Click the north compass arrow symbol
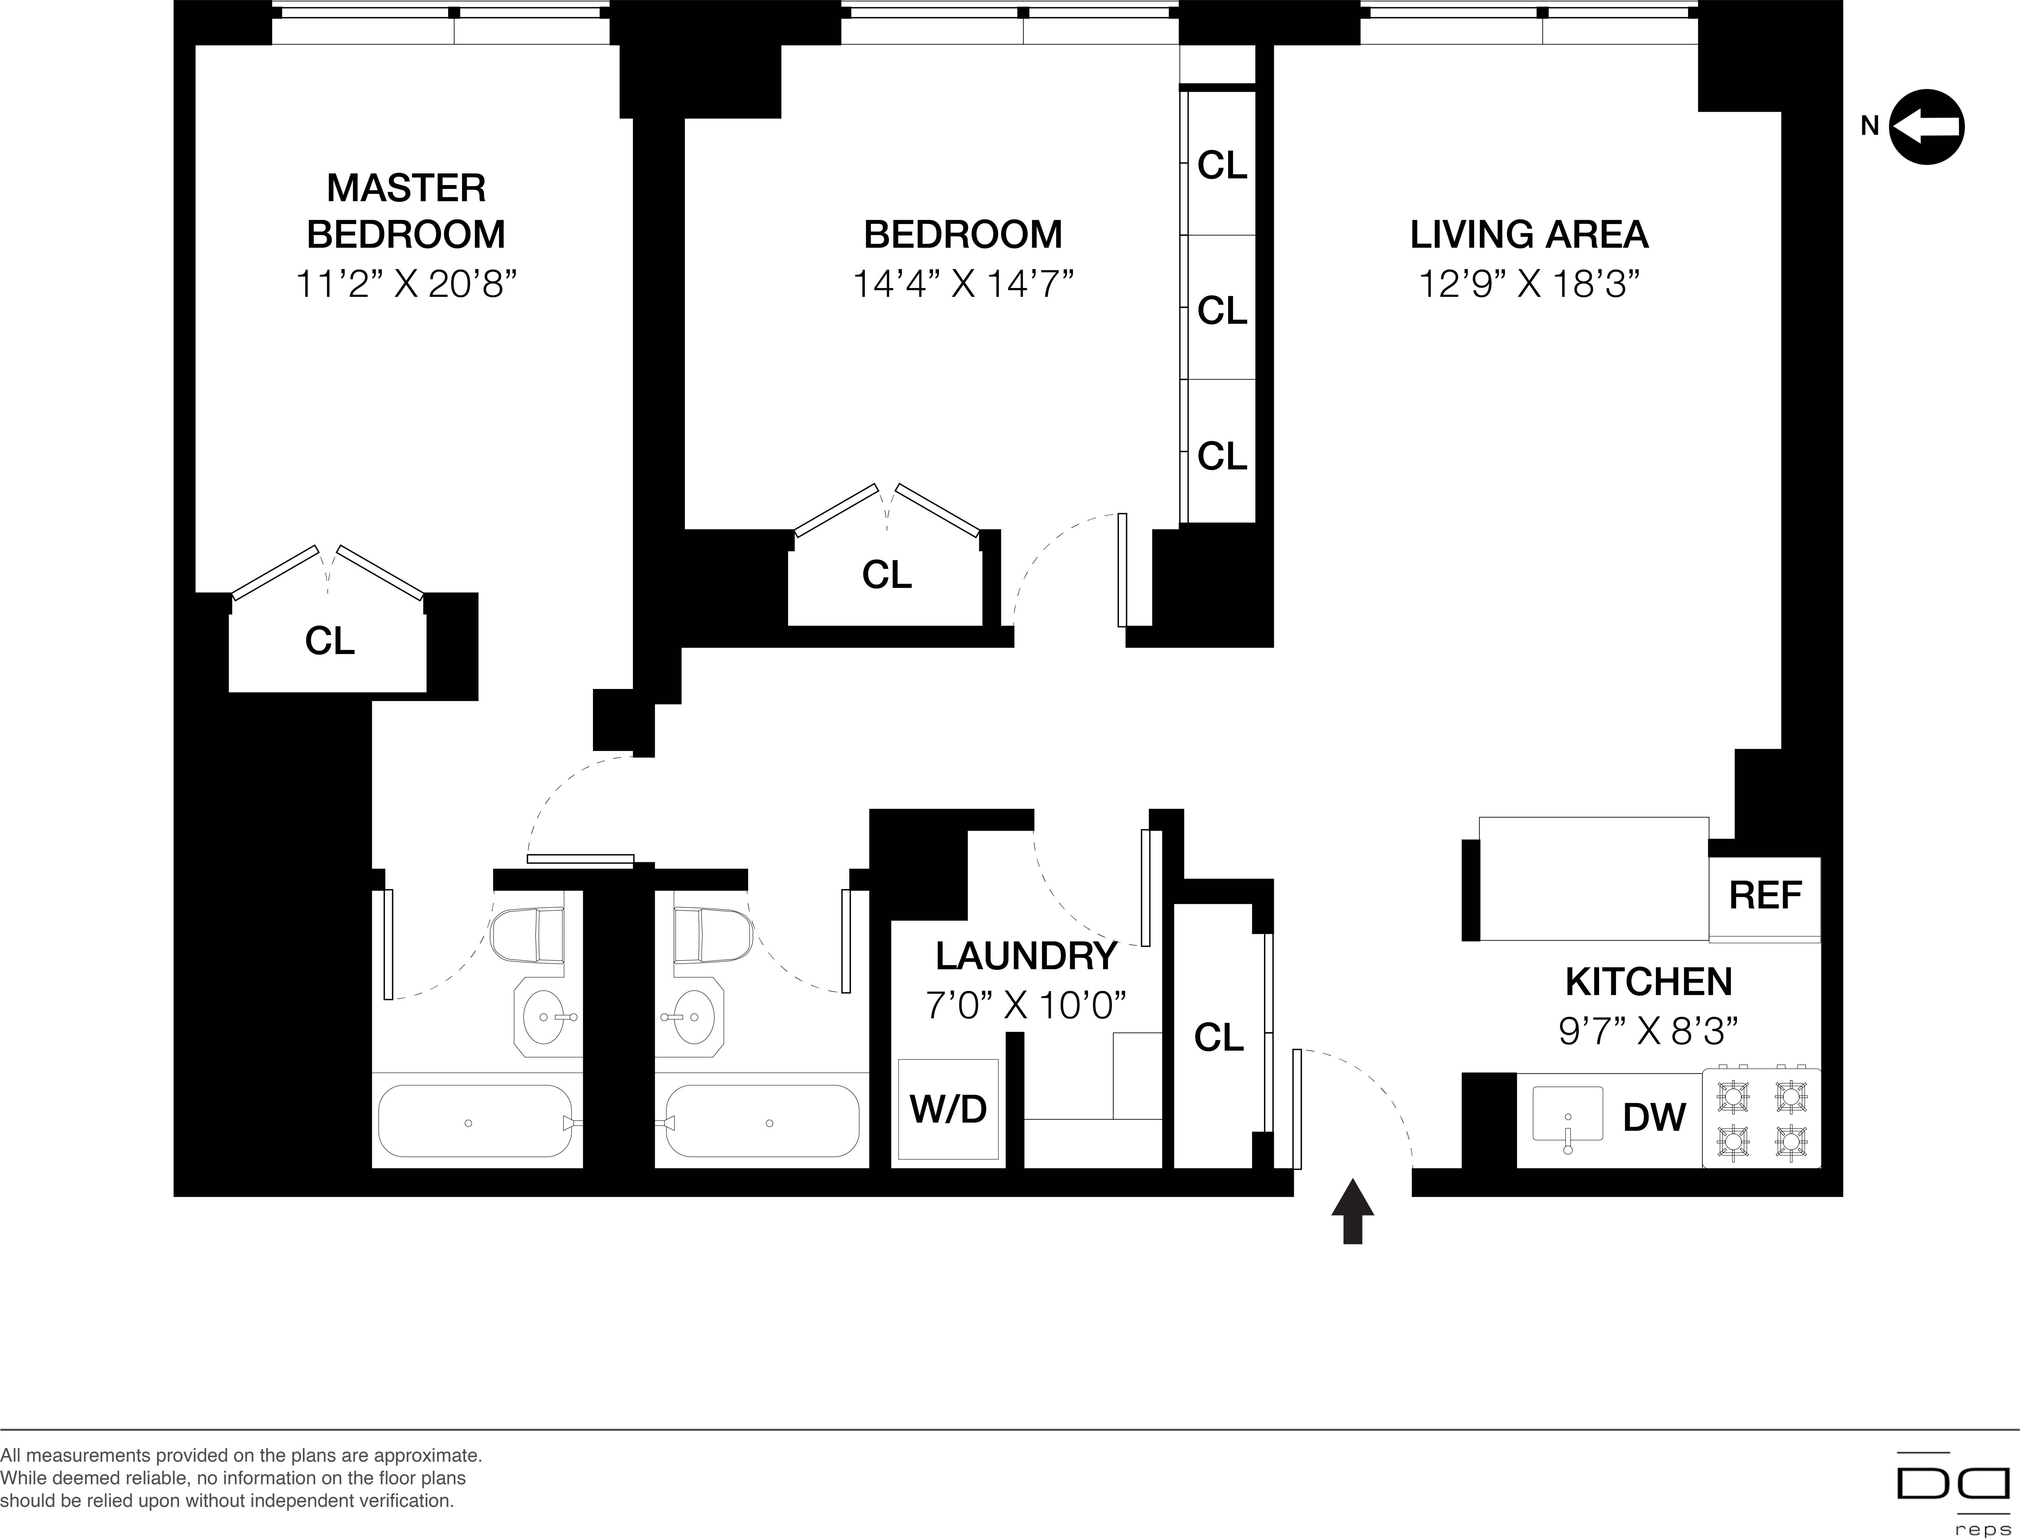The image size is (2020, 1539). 1927,127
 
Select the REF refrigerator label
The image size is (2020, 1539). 1765,895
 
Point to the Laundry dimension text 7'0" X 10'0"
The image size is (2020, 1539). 1025,1006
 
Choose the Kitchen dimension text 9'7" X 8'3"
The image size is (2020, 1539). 1647,1032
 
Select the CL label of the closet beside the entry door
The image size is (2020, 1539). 1218,1037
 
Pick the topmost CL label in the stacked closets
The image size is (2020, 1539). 1222,166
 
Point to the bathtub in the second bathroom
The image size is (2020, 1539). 762,1122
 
